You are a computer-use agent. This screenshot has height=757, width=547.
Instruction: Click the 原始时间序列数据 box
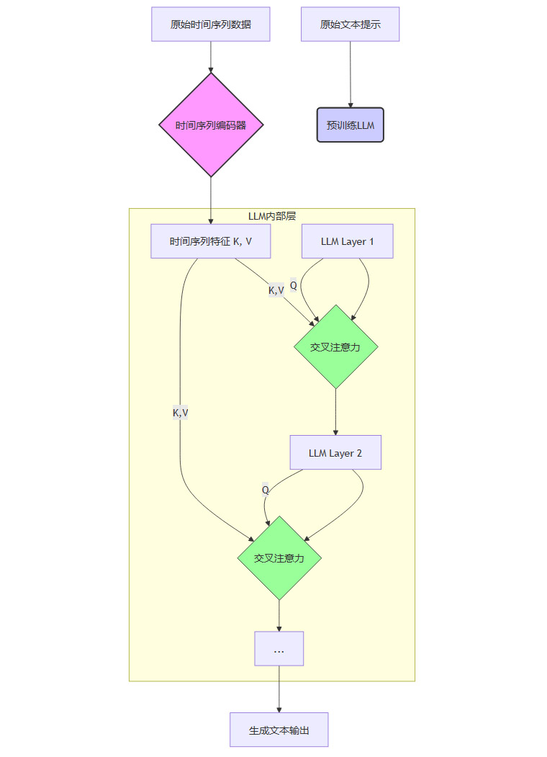pyautogui.click(x=210, y=24)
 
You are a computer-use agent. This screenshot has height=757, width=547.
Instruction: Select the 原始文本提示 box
pyautogui.click(x=350, y=24)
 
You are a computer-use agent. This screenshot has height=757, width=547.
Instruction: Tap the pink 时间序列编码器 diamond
pyautogui.click(x=211, y=125)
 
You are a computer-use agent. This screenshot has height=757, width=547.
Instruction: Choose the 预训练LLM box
pyautogui.click(x=351, y=125)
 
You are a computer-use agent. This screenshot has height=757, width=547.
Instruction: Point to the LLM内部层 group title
pyautogui.click(x=271, y=215)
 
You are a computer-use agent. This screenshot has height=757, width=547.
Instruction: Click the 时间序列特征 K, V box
pyautogui.click(x=210, y=241)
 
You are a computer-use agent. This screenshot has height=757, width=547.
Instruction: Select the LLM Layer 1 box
pyautogui.click(x=347, y=241)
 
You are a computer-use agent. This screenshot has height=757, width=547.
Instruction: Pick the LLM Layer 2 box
pyautogui.click(x=335, y=453)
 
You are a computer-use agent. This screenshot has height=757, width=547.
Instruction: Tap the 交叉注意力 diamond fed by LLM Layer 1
pyautogui.click(x=335, y=346)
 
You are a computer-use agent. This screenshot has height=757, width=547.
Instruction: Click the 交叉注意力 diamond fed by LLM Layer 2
pyautogui.click(x=279, y=557)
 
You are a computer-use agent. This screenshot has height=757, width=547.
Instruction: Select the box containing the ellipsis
pyautogui.click(x=279, y=649)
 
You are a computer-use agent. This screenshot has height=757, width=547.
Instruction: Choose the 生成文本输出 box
pyautogui.click(x=279, y=730)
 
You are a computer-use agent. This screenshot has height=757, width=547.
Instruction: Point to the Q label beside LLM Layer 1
pyautogui.click(x=293, y=285)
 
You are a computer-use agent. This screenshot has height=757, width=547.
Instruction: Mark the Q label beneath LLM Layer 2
pyautogui.click(x=265, y=490)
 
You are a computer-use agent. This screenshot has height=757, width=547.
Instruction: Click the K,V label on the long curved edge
pyautogui.click(x=180, y=413)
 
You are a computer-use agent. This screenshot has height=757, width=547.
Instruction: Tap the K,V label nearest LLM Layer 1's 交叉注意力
pyautogui.click(x=276, y=290)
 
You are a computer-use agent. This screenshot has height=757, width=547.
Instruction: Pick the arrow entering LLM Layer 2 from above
pyautogui.click(x=335, y=412)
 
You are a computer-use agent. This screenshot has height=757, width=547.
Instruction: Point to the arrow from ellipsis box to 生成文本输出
pyautogui.click(x=279, y=689)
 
